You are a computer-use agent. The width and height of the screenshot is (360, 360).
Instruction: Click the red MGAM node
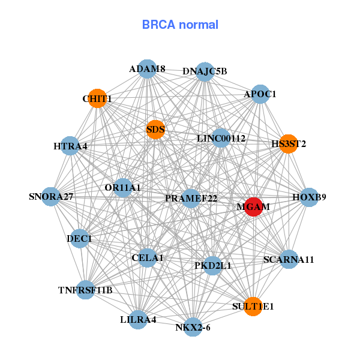click(x=253, y=206)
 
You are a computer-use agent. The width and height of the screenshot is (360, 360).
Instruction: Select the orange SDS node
click(x=155, y=129)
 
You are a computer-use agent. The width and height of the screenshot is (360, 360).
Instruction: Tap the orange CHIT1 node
click(x=97, y=98)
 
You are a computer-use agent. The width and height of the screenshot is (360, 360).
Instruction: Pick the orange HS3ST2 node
click(x=289, y=144)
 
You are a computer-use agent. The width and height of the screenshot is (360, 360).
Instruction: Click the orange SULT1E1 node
click(x=253, y=306)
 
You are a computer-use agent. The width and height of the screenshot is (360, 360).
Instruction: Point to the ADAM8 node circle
click(x=147, y=69)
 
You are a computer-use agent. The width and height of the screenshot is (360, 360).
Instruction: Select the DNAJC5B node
click(x=205, y=71)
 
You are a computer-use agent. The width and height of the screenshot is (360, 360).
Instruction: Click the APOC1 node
click(x=260, y=94)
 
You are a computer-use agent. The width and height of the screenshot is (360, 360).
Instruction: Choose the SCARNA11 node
click(x=289, y=260)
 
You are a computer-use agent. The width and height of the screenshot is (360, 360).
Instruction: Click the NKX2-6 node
click(x=193, y=327)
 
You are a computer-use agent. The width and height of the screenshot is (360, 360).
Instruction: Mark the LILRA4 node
click(x=138, y=319)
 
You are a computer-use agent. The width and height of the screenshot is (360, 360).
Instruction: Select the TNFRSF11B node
click(x=85, y=290)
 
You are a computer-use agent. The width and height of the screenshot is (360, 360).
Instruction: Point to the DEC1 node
click(x=79, y=239)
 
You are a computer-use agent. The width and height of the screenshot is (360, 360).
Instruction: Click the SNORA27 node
click(x=51, y=197)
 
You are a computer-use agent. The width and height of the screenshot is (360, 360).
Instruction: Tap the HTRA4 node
click(x=70, y=146)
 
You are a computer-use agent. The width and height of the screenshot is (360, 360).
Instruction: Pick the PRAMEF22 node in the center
click(x=190, y=199)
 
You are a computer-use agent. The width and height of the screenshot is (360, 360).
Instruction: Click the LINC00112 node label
click(x=221, y=139)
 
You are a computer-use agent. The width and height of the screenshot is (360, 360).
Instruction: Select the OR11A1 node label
click(x=122, y=188)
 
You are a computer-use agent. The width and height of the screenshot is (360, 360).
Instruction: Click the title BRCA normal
click(x=180, y=25)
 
